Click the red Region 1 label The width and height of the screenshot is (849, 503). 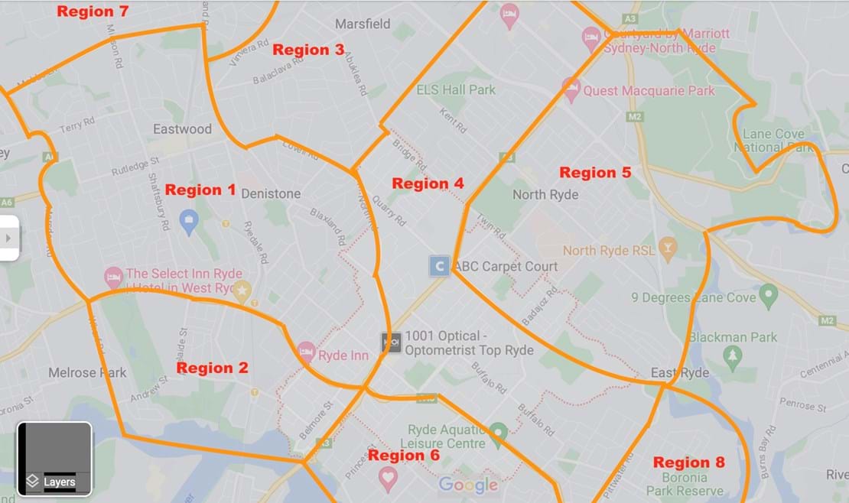[200, 190]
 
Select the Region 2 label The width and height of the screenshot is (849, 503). [212, 368]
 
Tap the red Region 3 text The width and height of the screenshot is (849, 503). [308, 50]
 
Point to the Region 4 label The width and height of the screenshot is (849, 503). [428, 183]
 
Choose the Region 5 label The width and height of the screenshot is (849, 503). [595, 173]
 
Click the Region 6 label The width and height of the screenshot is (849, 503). [404, 456]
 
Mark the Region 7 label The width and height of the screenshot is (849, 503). [93, 11]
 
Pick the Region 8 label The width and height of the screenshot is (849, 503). [688, 462]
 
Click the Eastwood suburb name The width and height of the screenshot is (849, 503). [182, 128]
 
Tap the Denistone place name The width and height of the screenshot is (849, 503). [271, 194]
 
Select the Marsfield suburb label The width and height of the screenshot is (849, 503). [363, 24]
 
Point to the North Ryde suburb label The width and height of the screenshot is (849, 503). [545, 194]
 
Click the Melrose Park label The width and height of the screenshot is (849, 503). [87, 373]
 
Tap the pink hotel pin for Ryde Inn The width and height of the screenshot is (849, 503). [307, 352]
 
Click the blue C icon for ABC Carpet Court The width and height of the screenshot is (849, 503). [439, 266]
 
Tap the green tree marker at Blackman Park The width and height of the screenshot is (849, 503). [733, 355]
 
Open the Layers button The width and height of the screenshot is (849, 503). [54, 459]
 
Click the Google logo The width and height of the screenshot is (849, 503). [467, 485]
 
